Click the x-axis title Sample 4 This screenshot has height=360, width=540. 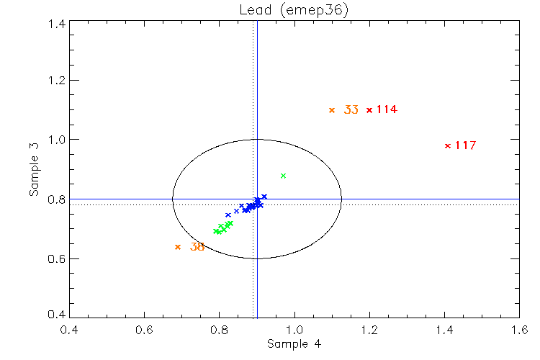294,344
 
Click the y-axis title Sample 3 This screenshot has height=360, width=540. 34,169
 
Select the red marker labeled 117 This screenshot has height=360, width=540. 448,145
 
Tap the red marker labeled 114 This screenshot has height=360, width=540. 369,110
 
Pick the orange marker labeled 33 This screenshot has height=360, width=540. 332,110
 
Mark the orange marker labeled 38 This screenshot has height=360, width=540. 178,247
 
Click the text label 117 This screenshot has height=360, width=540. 465,145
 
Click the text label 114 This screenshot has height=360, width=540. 387,110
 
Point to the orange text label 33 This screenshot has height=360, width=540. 351,110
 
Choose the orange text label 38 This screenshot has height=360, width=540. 197,247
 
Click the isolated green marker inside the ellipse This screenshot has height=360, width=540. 284,176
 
